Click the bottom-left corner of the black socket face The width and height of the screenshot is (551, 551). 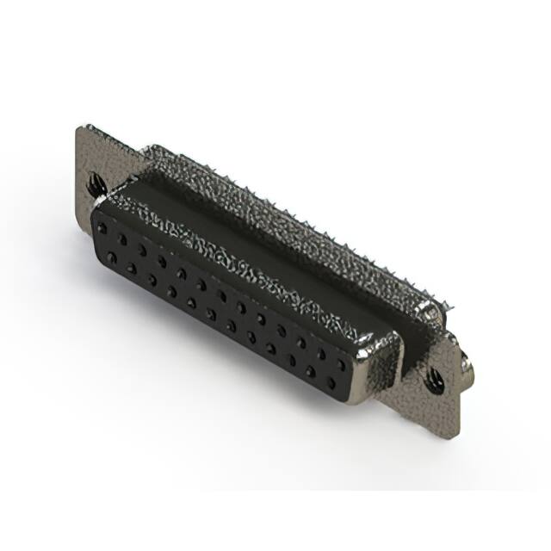[95, 250]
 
